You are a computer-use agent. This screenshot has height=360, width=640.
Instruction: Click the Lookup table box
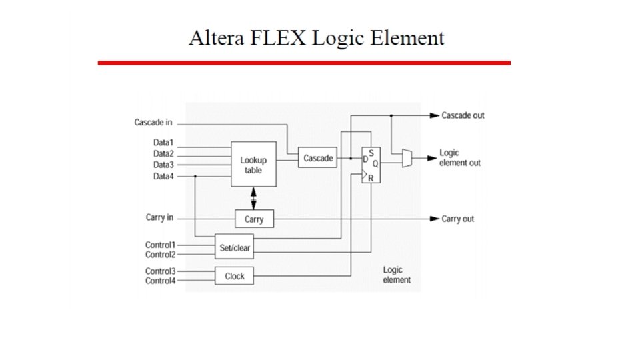point(253,164)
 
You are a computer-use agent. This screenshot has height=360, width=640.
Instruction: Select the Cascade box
point(318,158)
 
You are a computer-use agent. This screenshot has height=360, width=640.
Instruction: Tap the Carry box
point(254,219)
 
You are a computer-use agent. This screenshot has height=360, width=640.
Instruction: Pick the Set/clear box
point(234,247)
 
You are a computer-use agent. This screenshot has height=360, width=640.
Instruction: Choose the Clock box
point(235,275)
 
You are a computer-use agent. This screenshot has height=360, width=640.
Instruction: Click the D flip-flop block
point(371,165)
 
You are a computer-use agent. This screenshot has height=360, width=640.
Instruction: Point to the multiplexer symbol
point(407,158)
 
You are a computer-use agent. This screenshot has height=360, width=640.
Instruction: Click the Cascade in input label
point(153,123)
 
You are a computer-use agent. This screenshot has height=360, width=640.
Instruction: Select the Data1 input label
point(163,142)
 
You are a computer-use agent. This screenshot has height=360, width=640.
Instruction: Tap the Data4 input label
point(163,176)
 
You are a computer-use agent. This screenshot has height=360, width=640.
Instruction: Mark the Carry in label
point(159,217)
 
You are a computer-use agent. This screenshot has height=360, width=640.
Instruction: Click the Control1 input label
point(160,245)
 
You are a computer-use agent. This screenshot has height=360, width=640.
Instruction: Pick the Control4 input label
point(160,281)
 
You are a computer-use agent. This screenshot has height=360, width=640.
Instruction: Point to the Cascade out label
point(463,115)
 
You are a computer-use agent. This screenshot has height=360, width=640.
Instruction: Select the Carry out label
point(458,219)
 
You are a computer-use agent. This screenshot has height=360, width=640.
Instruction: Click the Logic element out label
point(459,158)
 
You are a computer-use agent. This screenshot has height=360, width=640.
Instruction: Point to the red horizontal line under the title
point(304,63)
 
